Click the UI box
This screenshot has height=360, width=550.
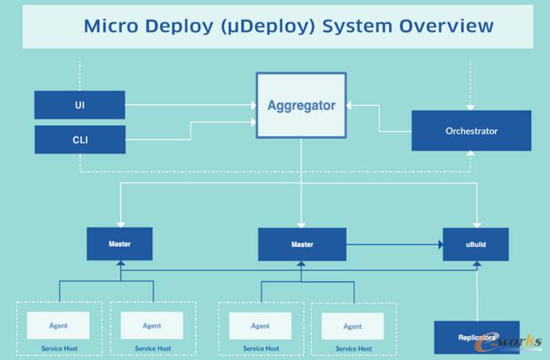(80, 104)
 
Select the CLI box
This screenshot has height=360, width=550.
(80, 140)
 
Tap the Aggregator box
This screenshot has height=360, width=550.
(301, 105)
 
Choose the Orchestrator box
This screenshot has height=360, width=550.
(471, 131)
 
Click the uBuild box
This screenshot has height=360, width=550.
(476, 245)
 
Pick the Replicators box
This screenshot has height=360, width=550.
(476, 337)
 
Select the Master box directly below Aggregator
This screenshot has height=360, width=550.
(301, 245)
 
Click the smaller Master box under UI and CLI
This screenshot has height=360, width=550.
(120, 244)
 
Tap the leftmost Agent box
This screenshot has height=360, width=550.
(59, 325)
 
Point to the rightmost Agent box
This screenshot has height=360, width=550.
(352, 325)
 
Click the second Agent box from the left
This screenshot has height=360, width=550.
(151, 325)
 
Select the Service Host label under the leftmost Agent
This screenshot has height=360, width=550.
(60, 348)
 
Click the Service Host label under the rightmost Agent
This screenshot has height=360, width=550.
(353, 348)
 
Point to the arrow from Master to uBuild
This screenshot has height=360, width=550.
(395, 245)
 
